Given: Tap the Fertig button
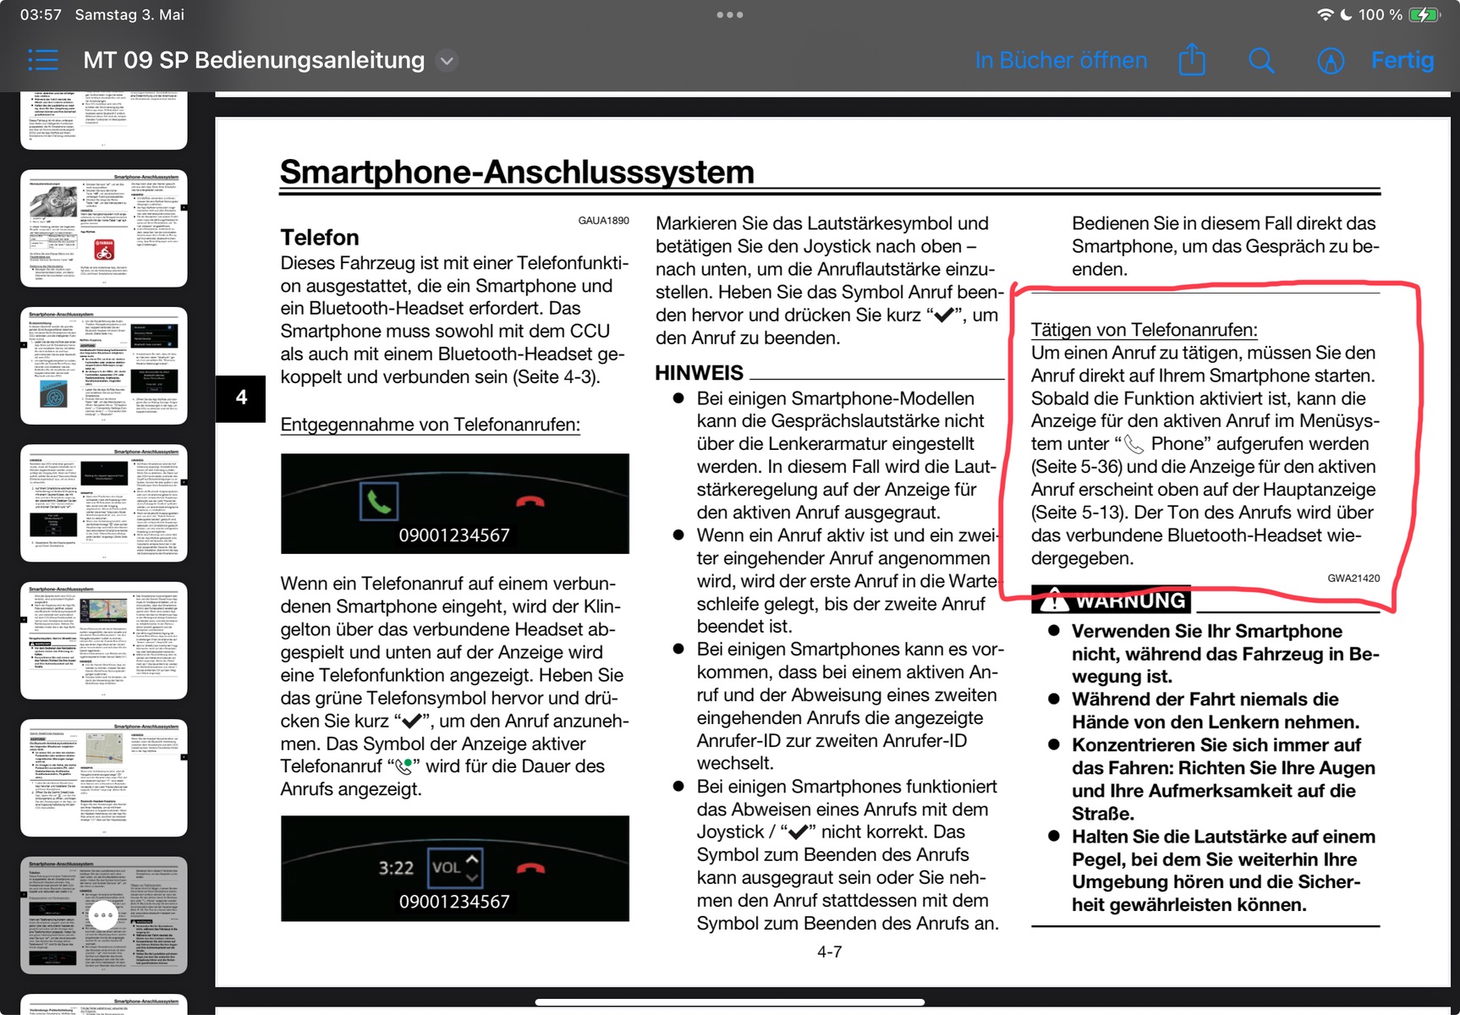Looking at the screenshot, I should click(1402, 60).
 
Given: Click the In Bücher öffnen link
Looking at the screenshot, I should click(1061, 60).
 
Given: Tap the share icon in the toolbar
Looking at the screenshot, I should click(1192, 60).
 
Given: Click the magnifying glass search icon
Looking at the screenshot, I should click(1260, 60).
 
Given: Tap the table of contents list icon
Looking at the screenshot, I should click(43, 60).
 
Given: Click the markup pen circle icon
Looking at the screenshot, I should click(1331, 61).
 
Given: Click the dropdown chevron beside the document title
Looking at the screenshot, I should click(447, 61).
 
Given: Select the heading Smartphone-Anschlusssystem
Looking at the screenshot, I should click(517, 172).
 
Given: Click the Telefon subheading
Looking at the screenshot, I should click(320, 238).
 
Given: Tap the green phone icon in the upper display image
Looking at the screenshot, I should click(379, 502).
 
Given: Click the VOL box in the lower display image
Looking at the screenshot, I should click(455, 867).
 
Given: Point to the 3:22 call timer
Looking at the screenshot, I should click(396, 868).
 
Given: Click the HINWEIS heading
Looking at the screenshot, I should click(700, 373).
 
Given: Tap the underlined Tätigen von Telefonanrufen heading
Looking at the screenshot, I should click(1144, 330).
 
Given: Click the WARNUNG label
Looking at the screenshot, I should click(1130, 601).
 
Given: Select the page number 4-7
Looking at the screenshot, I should click(829, 952).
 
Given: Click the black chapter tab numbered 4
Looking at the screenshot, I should click(241, 398).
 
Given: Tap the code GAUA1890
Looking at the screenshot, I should click(603, 221).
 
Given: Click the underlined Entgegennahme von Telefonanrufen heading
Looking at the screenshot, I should click(430, 425).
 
